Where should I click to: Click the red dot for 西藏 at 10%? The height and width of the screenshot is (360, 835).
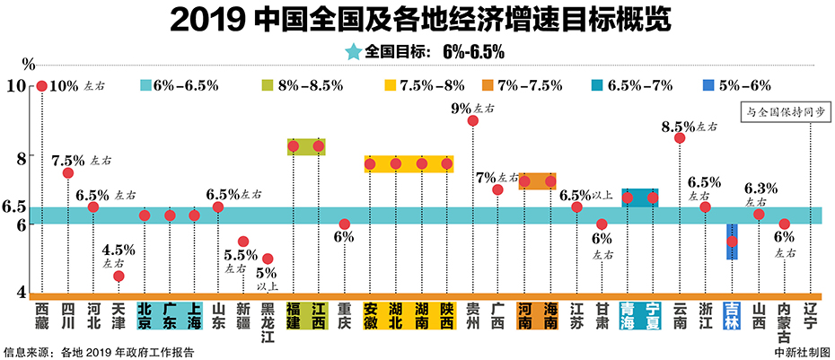(41, 86)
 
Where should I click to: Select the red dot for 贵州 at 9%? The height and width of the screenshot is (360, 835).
(473, 120)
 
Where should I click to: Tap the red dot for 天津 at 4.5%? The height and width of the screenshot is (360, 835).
(119, 276)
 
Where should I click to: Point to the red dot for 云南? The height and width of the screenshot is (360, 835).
(679, 137)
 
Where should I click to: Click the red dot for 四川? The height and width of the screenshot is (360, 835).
(67, 172)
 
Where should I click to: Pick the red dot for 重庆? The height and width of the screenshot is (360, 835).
(344, 224)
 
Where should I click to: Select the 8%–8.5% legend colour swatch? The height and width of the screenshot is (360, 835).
(267, 86)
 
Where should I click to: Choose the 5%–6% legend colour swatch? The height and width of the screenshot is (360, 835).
(709, 86)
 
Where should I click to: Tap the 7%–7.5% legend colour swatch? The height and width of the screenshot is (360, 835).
(488, 86)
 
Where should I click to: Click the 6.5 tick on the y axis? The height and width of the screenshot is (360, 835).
(15, 206)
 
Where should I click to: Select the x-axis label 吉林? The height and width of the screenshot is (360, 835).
(732, 318)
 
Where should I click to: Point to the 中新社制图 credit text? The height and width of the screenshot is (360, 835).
(801, 351)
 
